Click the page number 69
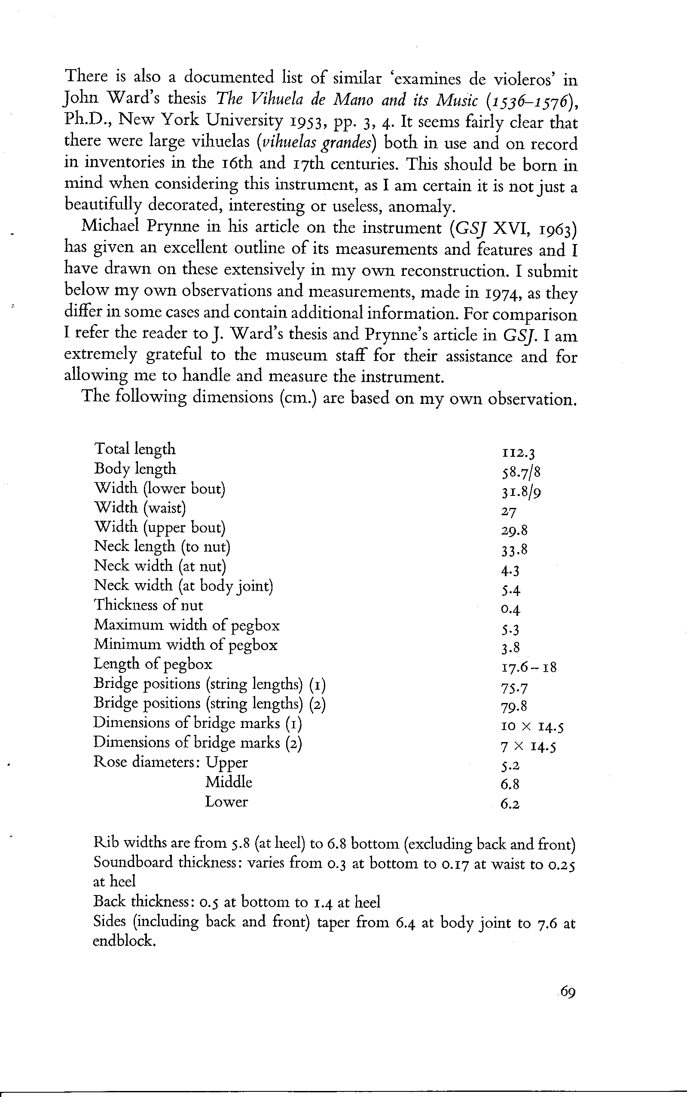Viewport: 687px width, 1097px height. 568,991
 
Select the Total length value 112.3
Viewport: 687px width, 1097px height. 519,452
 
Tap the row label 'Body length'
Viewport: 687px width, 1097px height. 135,468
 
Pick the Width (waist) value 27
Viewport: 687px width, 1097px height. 509,512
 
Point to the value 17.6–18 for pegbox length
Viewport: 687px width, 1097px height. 529,667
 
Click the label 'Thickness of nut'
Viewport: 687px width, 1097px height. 148,605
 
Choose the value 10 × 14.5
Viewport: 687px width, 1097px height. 532,727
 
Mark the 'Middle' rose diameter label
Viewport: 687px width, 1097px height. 229,782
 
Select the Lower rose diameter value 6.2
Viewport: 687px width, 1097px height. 510,804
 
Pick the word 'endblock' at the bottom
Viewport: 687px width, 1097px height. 124,940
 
